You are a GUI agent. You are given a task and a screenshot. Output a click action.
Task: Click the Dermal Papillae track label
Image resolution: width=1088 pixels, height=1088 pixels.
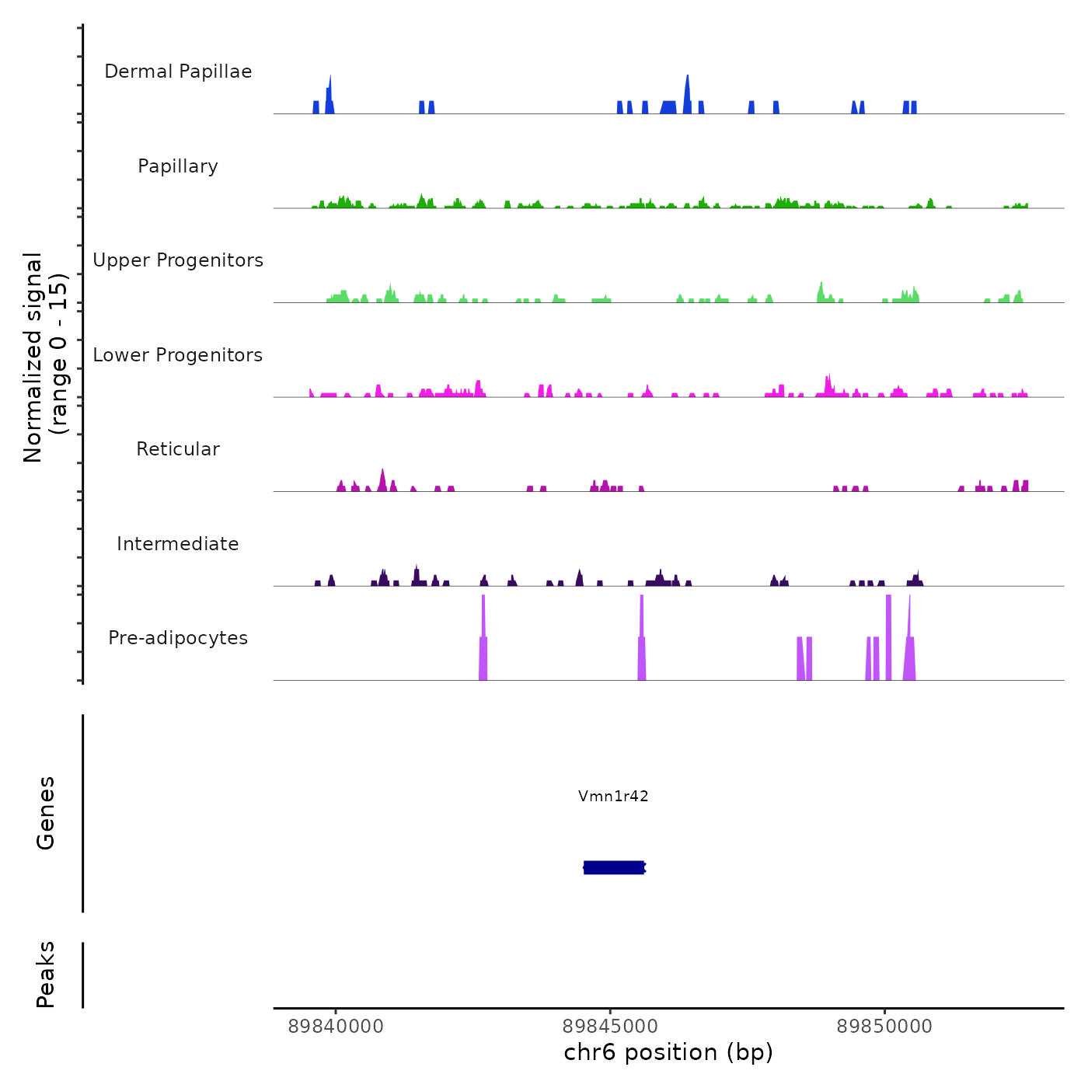[x=178, y=71]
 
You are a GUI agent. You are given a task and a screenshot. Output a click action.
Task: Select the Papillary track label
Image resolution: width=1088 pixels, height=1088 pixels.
[x=178, y=166]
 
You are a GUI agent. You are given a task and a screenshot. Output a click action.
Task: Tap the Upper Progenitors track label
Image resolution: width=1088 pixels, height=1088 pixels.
[x=178, y=260]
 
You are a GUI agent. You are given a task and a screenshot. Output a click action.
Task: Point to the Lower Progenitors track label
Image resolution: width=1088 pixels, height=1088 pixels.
[x=178, y=355]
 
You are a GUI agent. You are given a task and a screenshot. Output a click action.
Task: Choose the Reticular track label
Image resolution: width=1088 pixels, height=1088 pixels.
[x=178, y=449]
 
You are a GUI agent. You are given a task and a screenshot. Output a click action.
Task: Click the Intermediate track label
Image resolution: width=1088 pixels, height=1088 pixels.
[x=178, y=544]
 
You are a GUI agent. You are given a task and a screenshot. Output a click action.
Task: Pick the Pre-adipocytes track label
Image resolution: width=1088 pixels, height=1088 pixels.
[x=178, y=638]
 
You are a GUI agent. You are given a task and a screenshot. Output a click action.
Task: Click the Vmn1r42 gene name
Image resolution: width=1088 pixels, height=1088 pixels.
[x=613, y=796]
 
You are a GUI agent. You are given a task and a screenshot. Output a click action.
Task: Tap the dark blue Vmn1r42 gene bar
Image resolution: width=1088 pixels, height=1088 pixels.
[x=614, y=867]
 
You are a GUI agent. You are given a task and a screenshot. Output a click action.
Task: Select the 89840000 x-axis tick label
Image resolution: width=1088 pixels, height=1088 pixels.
[x=336, y=1027]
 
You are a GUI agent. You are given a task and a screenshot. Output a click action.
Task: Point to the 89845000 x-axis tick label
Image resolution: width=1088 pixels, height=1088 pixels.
[x=610, y=1027]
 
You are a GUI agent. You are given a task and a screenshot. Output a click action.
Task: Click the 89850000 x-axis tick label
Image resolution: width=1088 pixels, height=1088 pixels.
[x=884, y=1027]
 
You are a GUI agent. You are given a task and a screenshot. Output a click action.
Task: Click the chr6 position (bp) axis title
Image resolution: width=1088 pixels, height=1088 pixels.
[x=668, y=1052]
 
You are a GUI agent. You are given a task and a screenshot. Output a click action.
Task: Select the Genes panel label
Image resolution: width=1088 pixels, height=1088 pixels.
[x=46, y=813]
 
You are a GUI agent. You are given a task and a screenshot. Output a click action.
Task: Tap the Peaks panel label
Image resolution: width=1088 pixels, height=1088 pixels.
[x=46, y=975]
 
